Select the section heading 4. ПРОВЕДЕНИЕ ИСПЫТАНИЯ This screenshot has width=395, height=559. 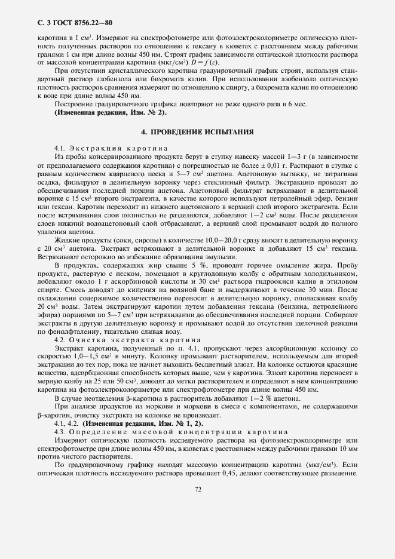197,131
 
